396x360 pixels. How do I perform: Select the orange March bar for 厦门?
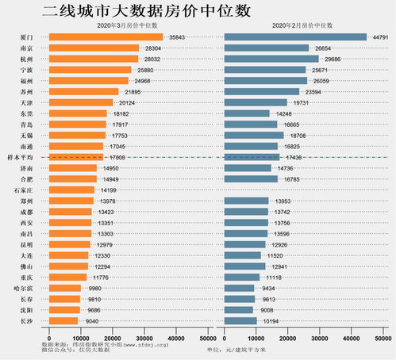[106, 37]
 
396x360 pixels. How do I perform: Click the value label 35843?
[179, 37]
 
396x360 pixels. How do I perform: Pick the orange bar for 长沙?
[63, 321]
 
